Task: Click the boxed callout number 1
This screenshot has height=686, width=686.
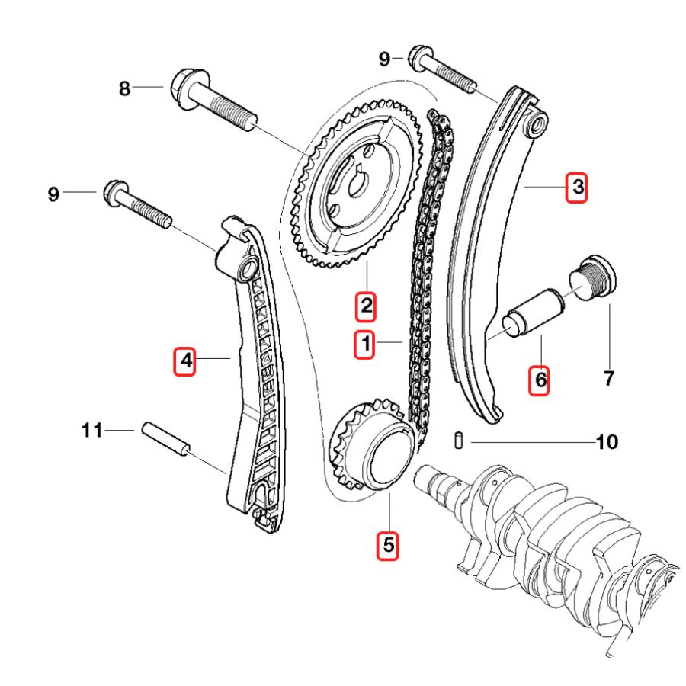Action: [366, 345]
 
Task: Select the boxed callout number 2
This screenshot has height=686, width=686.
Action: [366, 306]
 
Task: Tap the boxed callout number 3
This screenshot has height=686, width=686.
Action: [576, 185]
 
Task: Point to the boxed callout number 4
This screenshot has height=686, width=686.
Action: [184, 360]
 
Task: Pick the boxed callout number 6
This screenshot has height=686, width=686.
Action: [540, 379]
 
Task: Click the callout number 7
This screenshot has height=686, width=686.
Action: [607, 377]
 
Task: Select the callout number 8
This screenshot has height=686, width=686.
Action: [124, 88]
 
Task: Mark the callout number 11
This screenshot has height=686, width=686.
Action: [92, 431]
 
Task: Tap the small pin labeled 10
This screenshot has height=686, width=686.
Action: [457, 441]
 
